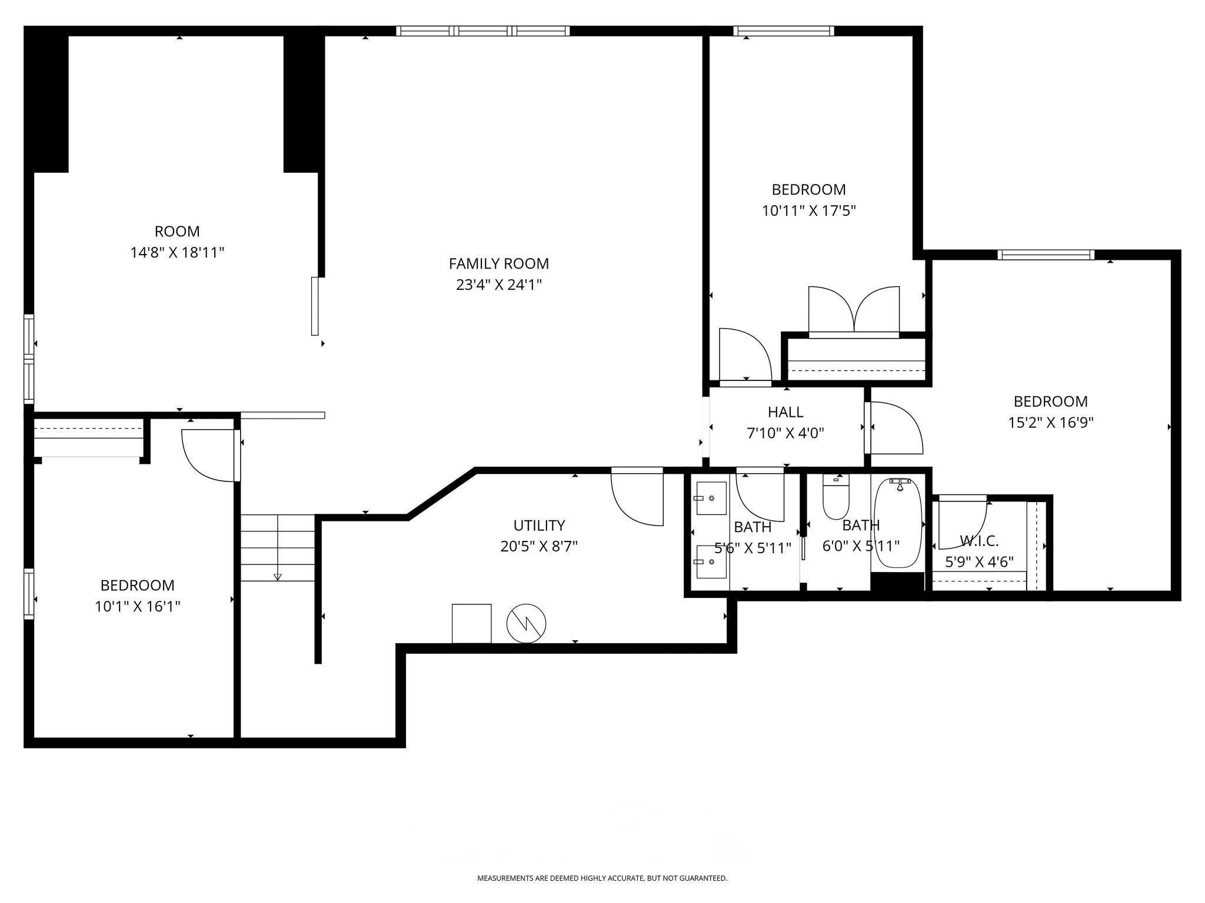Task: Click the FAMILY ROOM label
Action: tap(498, 263)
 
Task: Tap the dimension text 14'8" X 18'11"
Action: tap(177, 253)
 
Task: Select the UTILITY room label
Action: tap(539, 525)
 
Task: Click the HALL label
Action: tap(785, 412)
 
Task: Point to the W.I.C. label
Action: tap(979, 541)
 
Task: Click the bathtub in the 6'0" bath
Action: tap(898, 523)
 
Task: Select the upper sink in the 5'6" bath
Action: tap(711, 498)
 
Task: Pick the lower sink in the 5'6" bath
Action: tap(711, 561)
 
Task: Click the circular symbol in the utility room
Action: tap(527, 623)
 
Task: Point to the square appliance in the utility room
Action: tap(471, 624)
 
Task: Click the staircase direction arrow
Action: tap(278, 577)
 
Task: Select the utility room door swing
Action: tap(637, 497)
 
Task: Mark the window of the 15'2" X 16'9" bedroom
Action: tap(1046, 255)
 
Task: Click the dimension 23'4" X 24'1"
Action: tap(498, 285)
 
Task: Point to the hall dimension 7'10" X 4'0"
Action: tap(785, 434)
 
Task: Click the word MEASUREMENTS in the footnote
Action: tap(505, 878)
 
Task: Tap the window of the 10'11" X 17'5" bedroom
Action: tap(784, 31)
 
